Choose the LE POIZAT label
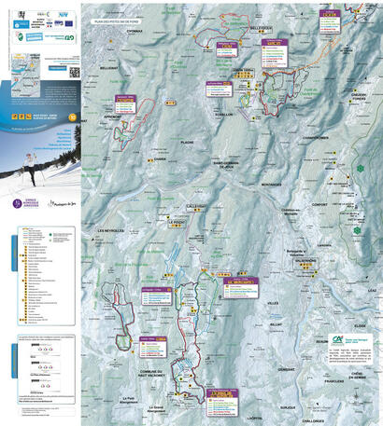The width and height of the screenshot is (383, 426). click(178, 223)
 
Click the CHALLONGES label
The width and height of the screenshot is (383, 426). click(326, 419)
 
